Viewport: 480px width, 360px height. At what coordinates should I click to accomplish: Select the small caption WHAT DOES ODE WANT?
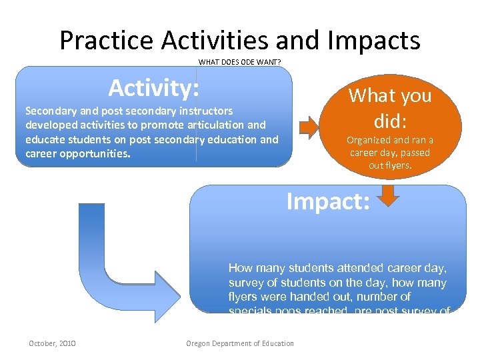(x=239, y=63)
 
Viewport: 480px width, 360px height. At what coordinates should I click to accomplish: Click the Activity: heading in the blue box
(x=154, y=88)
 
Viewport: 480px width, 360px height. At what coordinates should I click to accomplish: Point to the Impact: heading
(x=327, y=201)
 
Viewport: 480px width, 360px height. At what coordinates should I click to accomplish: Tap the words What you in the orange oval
(x=390, y=96)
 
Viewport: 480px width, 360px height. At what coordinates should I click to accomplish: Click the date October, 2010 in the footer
(x=52, y=343)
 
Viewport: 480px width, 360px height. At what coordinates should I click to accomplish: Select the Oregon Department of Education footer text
(x=239, y=343)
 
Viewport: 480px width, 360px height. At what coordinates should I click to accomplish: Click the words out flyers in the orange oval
(x=390, y=165)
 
